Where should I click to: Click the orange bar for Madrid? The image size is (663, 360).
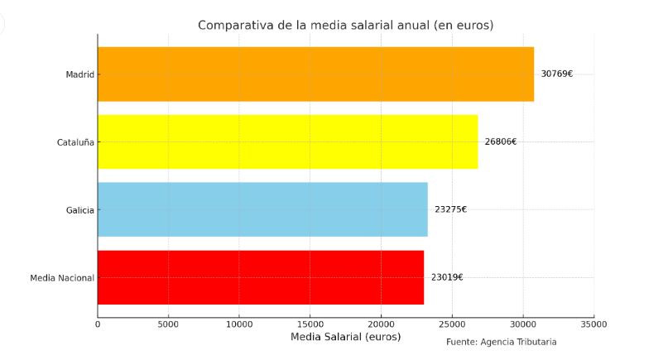[315, 74]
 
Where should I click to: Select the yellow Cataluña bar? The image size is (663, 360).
[287, 142]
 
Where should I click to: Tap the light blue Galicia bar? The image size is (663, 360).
[262, 209]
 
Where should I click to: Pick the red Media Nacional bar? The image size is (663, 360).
[261, 277]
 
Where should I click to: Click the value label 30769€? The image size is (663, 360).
[556, 74]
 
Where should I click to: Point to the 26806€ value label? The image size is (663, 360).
[500, 142]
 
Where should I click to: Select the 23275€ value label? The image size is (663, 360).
[450, 209]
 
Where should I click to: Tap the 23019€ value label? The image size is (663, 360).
[447, 277]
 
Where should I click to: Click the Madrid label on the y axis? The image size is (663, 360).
[79, 74]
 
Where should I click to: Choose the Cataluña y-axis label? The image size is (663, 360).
[74, 142]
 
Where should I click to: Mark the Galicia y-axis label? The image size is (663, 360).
[79, 210]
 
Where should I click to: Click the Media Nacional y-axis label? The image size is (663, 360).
[62, 278]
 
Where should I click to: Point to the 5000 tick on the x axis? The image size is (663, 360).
[168, 324]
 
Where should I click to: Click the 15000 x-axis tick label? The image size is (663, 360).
[310, 324]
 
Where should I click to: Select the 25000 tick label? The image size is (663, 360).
[452, 324]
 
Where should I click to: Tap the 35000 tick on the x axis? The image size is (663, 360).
[593, 324]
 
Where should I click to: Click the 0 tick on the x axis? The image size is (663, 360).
[98, 324]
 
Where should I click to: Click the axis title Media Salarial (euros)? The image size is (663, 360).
[345, 338]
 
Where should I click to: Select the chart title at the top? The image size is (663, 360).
[345, 25]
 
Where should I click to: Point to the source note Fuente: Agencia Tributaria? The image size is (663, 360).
[501, 342]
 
